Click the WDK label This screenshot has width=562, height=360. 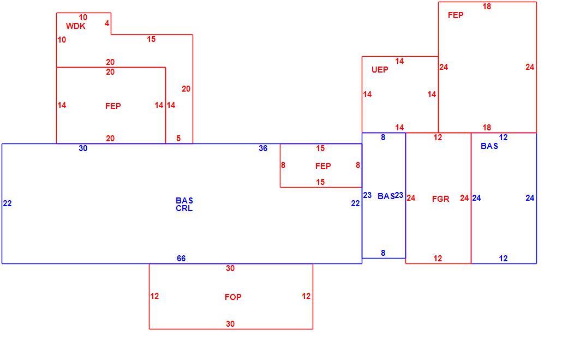(76, 26)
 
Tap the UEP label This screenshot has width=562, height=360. (380, 70)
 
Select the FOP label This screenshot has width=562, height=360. (233, 297)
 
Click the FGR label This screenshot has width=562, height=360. (440, 199)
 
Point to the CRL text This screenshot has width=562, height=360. (184, 208)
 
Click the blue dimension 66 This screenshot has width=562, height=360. (181, 259)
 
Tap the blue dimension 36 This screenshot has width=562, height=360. (263, 148)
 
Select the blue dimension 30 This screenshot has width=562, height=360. (83, 148)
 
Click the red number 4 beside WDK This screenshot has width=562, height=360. (107, 23)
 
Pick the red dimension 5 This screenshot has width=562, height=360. (178, 138)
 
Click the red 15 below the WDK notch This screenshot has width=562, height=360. (151, 39)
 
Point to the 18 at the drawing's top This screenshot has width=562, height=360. (487, 7)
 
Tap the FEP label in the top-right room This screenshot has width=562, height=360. (456, 15)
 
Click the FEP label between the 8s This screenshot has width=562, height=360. (323, 166)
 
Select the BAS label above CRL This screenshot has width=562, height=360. (184, 201)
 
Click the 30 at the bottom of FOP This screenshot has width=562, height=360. (230, 324)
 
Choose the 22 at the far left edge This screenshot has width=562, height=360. (8, 203)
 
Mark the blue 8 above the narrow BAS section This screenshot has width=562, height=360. (383, 137)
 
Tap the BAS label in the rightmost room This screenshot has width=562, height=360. (489, 146)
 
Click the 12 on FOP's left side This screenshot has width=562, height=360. (154, 296)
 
